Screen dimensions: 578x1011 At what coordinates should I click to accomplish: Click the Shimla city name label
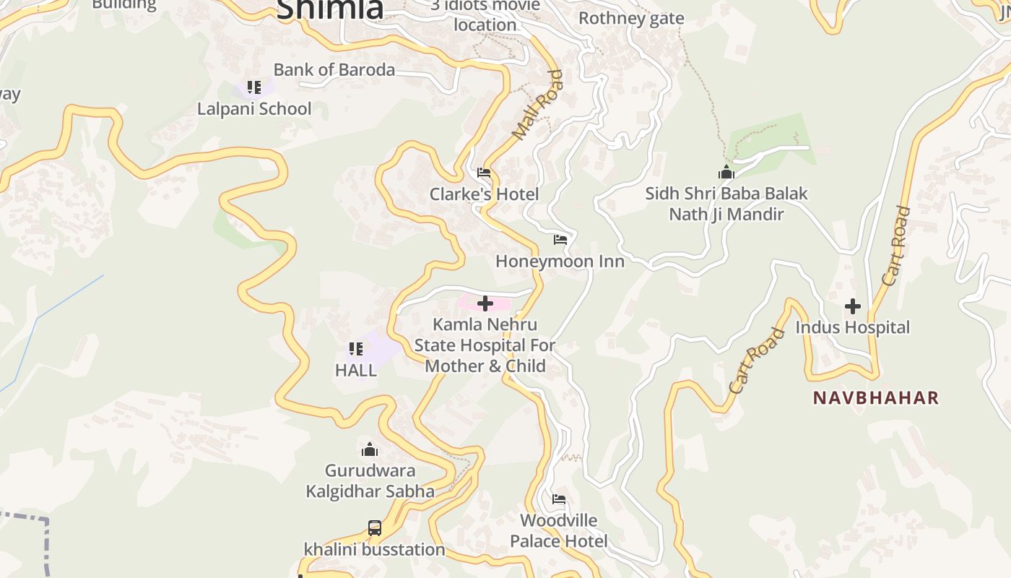329,9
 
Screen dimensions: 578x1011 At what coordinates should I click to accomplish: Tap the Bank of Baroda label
334,69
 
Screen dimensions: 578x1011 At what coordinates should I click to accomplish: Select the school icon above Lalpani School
253,88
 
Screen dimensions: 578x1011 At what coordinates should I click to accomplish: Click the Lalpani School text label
254,109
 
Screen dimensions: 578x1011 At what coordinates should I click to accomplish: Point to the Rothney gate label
631,18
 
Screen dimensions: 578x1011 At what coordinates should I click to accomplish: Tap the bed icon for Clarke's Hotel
484,173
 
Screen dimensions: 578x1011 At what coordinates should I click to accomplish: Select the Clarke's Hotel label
484,194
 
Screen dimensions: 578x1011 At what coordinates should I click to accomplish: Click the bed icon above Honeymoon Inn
560,240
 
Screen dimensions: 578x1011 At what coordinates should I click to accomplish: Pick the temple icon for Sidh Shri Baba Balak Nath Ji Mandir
726,173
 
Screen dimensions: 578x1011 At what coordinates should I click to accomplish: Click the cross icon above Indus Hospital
853,306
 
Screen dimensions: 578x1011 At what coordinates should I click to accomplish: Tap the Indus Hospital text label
853,327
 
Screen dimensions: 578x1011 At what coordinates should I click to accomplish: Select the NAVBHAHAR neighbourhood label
876,397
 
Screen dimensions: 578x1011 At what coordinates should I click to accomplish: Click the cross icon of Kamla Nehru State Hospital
485,303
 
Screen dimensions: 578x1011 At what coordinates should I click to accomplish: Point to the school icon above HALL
355,350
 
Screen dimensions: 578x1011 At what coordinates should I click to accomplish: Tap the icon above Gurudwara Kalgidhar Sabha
370,450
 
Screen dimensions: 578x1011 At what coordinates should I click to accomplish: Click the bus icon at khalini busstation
374,528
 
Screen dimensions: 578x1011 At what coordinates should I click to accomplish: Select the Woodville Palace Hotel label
559,530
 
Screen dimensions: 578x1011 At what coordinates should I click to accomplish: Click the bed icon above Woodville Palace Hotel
559,499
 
